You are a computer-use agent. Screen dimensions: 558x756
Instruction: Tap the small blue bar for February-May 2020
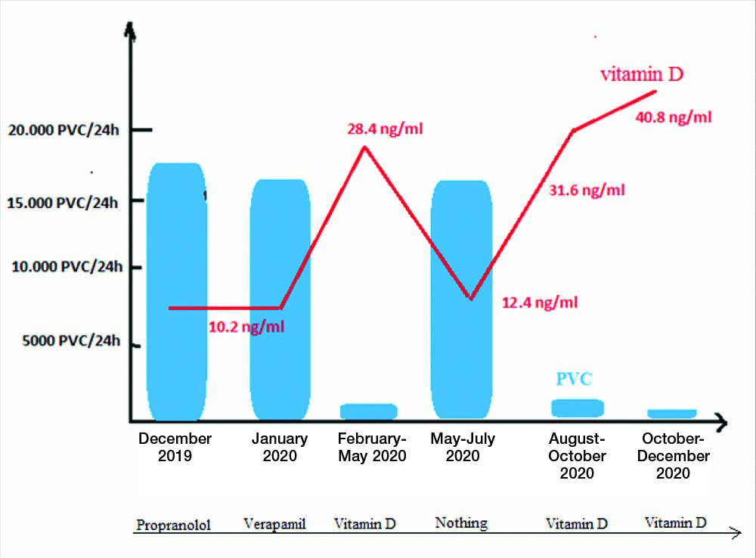pos(368,411)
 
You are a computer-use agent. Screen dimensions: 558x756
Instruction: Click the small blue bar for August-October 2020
pos(578,408)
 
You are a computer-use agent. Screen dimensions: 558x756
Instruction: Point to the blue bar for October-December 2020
pos(671,413)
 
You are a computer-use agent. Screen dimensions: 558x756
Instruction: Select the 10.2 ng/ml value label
pos(247,327)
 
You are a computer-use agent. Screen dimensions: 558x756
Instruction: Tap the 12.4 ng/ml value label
pos(540,302)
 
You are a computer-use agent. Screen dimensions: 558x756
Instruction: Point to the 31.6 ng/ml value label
pos(587,190)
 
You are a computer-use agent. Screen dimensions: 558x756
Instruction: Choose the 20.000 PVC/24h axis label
pos(64,130)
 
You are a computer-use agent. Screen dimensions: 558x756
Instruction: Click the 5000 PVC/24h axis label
pos(64,340)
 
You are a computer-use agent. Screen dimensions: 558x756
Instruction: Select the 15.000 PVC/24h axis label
pos(64,202)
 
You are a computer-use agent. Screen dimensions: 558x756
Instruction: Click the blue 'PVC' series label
pos(574,379)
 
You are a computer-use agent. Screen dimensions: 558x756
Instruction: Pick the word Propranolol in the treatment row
pos(172,525)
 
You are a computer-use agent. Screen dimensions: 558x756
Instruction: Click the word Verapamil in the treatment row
pos(274,524)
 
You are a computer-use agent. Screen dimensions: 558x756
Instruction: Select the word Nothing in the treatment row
pos(461,522)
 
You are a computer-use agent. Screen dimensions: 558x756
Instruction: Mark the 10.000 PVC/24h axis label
pos(64,267)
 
